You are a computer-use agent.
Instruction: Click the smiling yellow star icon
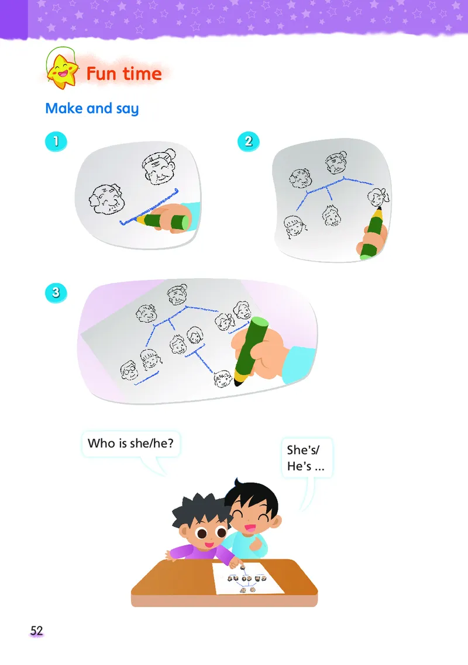(63, 71)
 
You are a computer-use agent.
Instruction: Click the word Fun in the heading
(101, 74)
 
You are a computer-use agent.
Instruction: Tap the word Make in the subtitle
(64, 108)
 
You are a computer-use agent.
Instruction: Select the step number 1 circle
(56, 141)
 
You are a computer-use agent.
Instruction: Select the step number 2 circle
(249, 141)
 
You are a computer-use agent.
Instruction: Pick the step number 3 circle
(56, 293)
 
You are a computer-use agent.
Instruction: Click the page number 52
(36, 631)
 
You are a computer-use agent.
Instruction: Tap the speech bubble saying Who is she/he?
(131, 444)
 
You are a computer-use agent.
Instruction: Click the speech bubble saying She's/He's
(307, 458)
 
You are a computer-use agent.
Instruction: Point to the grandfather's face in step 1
(106, 199)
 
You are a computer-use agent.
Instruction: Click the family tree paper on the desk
(247, 579)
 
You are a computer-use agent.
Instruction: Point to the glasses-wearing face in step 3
(129, 370)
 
